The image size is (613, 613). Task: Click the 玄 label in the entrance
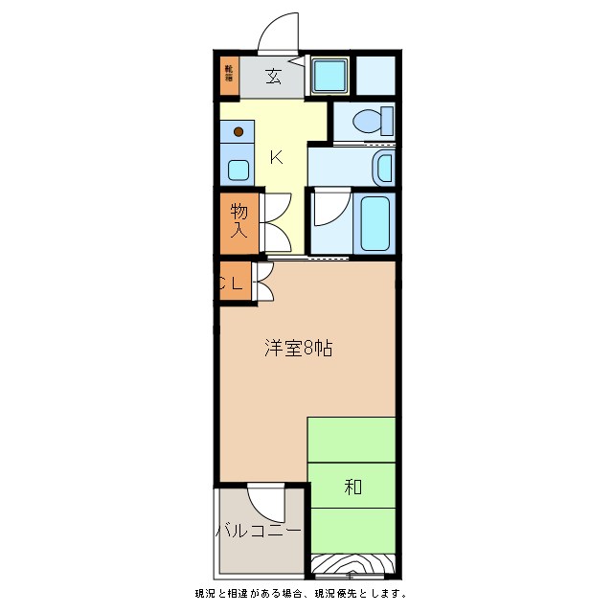click(x=273, y=77)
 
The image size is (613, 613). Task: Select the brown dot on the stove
click(x=238, y=132)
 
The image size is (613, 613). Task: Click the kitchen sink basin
click(x=238, y=170)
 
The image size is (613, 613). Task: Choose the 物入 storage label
click(x=239, y=221)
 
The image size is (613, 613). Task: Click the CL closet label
click(x=233, y=283)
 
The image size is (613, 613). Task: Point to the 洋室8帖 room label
click(x=299, y=349)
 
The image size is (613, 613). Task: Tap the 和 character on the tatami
click(x=352, y=487)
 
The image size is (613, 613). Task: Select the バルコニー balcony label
click(x=258, y=530)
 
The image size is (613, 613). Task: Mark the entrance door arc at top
click(x=280, y=34)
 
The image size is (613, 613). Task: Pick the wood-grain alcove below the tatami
click(x=352, y=565)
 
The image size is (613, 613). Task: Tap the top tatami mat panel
click(x=352, y=440)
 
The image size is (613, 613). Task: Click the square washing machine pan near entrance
click(x=329, y=75)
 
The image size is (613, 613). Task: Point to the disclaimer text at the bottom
click(x=301, y=594)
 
